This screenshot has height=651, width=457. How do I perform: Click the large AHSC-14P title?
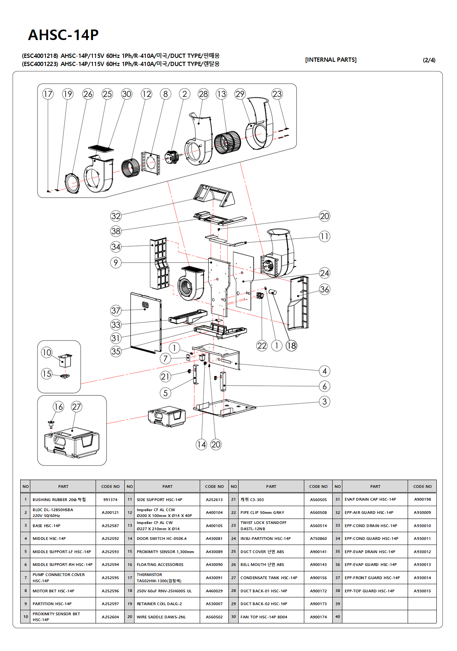tap(63, 35)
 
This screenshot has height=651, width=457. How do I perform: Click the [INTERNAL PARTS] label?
tap(331, 60)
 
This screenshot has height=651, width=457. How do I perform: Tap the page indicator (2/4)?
tap(429, 60)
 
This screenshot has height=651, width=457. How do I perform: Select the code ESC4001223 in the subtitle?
tap(40, 64)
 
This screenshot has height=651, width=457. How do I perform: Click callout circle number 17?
tap(48, 94)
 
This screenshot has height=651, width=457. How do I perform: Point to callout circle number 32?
tap(116, 216)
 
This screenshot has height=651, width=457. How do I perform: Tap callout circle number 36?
tap(324, 289)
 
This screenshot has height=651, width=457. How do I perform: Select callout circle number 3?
tap(324, 402)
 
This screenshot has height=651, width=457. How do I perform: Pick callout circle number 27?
tap(77, 407)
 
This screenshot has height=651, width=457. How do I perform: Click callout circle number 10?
tap(47, 352)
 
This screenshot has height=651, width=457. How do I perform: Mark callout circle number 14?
tap(201, 444)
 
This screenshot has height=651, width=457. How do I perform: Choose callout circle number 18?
tap(291, 346)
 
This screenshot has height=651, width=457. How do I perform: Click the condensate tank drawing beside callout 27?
tap(72, 443)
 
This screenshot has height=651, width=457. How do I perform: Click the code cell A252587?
tap(110, 526)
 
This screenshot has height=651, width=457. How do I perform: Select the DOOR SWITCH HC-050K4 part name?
tap(162, 539)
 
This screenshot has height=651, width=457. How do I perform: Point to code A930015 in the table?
tap(422, 591)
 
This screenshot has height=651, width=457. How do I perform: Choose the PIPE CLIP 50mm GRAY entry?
tap(262, 513)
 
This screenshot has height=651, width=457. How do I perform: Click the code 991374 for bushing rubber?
tap(110, 500)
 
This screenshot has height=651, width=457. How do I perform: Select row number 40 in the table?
tap(338, 617)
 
